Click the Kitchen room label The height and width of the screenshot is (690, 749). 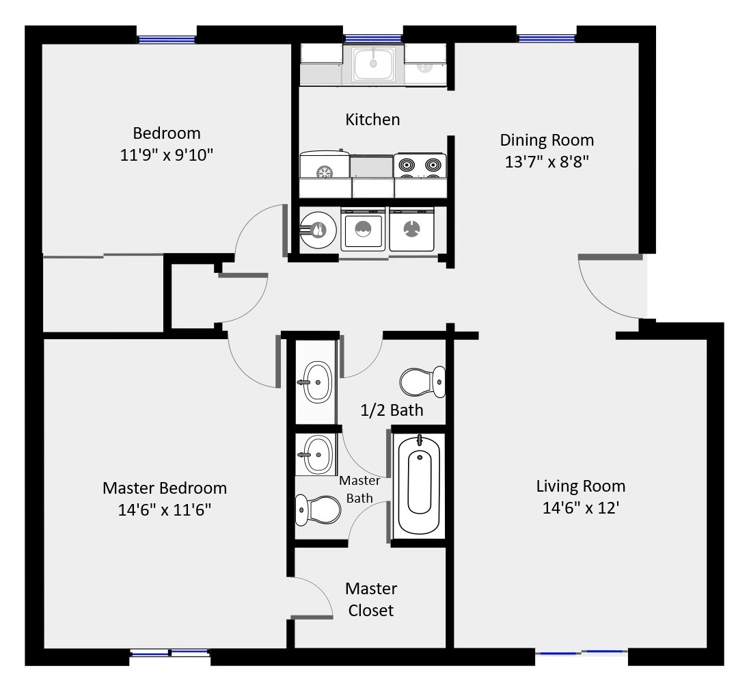pos(372,120)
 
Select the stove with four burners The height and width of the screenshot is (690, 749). pos(420,165)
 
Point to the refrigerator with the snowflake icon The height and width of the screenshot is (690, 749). pos(325,166)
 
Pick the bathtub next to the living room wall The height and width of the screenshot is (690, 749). pos(418,484)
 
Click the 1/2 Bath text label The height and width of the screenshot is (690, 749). pos(392,410)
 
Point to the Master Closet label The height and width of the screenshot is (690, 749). pos(371,599)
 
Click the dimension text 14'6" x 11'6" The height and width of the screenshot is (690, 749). pos(164,510)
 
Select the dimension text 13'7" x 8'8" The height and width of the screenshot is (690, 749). pos(546,162)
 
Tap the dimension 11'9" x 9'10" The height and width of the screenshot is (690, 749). pos(167,155)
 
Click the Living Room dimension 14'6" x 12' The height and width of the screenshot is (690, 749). pos(580,508)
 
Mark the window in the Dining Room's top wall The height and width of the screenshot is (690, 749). pos(547,38)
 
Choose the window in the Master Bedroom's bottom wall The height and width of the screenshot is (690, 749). pos(169,654)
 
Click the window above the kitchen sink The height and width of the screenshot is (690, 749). pos(372,38)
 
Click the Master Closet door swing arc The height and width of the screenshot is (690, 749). pos(314,595)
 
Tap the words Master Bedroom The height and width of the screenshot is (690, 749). pos(164,488)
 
